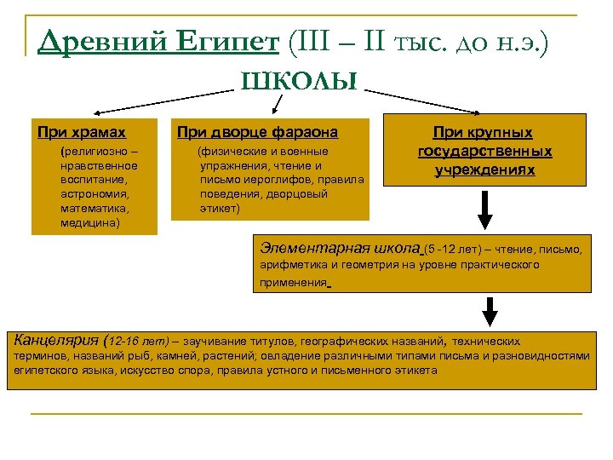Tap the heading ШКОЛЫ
tap(298, 83)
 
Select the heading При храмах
tap(82, 132)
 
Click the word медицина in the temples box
tap(90, 222)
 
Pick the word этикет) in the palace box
tap(221, 208)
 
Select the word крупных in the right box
tap(508, 133)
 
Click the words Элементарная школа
tap(340, 249)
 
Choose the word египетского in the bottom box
tap(50, 371)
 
